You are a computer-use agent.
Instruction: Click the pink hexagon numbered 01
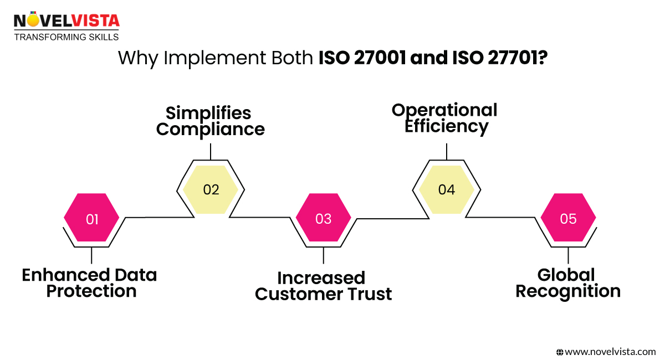(91, 219)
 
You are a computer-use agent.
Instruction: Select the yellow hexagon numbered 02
(211, 189)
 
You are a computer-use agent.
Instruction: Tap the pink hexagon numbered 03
(323, 219)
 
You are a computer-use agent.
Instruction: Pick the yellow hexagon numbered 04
(446, 189)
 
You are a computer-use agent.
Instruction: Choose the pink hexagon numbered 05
(568, 219)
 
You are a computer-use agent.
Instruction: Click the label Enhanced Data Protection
(90, 283)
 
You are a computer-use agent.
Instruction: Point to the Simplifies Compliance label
(211, 121)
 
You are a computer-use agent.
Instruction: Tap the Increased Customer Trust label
(323, 286)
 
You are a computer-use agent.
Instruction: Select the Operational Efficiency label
(445, 118)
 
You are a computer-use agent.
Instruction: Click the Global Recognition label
(568, 283)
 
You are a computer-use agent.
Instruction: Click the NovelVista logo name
(66, 21)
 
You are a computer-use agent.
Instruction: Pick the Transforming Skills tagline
(66, 37)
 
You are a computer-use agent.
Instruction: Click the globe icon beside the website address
(560, 351)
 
